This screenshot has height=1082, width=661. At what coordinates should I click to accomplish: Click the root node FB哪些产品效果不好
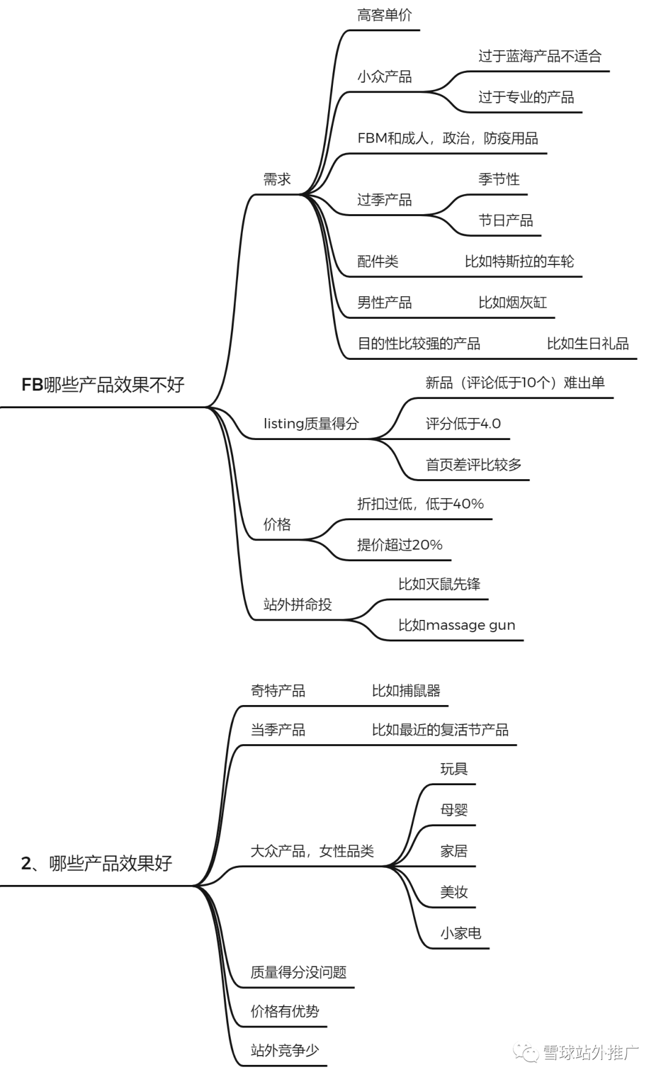pos(103,385)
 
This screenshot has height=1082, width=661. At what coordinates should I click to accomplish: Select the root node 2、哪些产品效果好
pos(97,864)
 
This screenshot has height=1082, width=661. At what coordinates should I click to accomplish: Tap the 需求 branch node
pos(277,179)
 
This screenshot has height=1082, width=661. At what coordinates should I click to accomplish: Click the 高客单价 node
pos(384,15)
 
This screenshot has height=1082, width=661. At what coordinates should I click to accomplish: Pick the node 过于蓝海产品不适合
pos(540,56)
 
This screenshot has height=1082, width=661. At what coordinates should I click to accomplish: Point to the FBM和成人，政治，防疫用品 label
pos(447,138)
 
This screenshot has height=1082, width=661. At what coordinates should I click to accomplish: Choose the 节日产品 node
pos(506,220)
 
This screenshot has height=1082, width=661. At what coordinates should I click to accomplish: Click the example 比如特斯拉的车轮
pos(519,261)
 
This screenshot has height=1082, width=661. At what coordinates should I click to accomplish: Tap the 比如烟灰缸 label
pos(512,302)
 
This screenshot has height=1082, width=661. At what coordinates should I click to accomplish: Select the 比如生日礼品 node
pos(588,343)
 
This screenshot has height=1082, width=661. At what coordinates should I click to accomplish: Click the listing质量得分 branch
pos(311,423)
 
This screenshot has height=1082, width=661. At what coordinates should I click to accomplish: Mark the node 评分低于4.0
pos(463,423)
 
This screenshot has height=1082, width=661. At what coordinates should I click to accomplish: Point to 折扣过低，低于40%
pos(420,504)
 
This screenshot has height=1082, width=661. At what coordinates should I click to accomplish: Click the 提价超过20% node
pos(400,545)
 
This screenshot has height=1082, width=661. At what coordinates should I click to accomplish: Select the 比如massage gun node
pos(457,625)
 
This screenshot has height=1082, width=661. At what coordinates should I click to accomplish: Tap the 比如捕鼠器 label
pos(406,691)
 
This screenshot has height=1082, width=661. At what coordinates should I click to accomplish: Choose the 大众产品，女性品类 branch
pos(312,851)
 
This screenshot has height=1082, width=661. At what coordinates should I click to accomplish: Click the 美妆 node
pos(454,892)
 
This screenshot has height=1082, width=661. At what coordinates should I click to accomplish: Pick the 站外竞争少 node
pos(285,1050)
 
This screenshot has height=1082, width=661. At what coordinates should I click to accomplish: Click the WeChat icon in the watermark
pos(527,1053)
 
